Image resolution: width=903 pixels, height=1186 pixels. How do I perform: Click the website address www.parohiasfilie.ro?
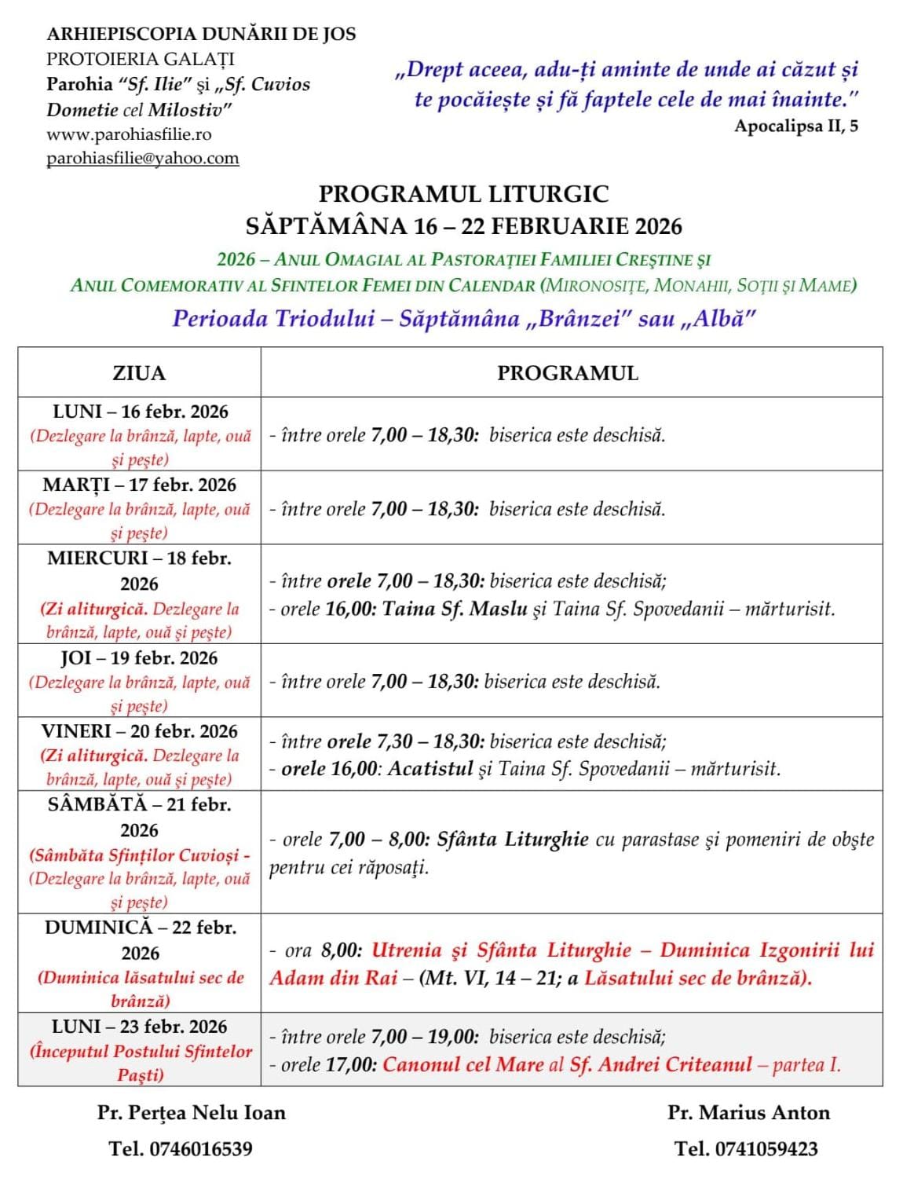click(x=129, y=134)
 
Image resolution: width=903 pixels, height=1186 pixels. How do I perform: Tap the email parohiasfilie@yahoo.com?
click(x=143, y=158)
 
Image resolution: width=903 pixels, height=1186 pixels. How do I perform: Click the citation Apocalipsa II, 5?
click(x=795, y=126)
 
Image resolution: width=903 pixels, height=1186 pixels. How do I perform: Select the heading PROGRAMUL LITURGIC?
click(x=463, y=194)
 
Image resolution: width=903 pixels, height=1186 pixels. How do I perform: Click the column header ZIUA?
click(x=139, y=373)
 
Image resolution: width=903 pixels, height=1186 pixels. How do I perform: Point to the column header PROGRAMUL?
click(x=567, y=373)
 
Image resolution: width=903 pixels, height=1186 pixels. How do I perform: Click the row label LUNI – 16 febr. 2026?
click(x=141, y=412)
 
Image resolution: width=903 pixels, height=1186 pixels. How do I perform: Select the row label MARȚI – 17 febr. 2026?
click(x=139, y=485)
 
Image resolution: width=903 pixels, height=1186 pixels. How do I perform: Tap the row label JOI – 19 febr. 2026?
click(x=139, y=658)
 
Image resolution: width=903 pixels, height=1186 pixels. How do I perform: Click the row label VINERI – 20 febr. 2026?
click(x=139, y=731)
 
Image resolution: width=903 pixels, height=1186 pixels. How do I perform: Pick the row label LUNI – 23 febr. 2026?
click(x=139, y=1027)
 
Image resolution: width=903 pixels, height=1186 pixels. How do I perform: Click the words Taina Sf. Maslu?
click(x=454, y=609)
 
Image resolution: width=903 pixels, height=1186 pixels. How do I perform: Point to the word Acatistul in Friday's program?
click(x=430, y=768)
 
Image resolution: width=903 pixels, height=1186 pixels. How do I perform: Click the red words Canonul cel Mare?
click(x=463, y=1065)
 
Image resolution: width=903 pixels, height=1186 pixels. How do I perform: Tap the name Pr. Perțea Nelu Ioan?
click(x=192, y=1113)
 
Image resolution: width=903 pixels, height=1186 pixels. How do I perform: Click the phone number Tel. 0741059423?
click(x=746, y=1149)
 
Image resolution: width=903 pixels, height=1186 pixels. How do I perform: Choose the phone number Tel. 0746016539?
click(x=181, y=1149)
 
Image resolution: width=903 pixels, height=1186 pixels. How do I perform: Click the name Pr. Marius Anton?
click(x=748, y=1113)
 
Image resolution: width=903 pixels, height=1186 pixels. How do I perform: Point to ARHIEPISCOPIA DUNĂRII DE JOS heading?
click(x=201, y=34)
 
